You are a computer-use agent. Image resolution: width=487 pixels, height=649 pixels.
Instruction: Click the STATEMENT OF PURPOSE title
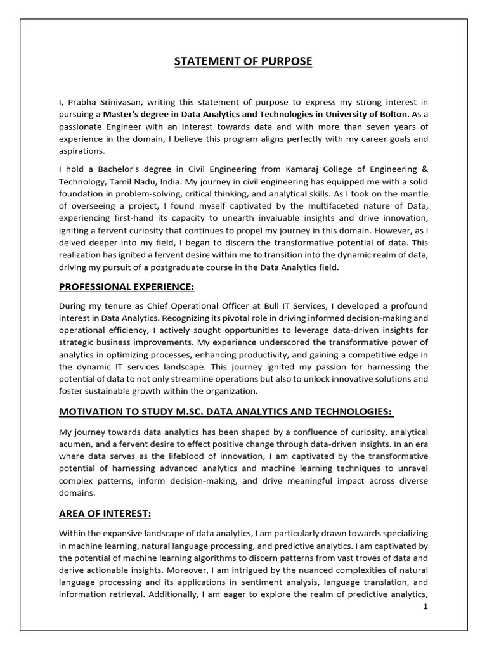pos(243,61)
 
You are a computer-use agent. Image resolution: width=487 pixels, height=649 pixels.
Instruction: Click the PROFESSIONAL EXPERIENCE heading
pos(127,287)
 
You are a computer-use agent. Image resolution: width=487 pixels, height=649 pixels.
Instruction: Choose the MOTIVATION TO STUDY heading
pos(226,411)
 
